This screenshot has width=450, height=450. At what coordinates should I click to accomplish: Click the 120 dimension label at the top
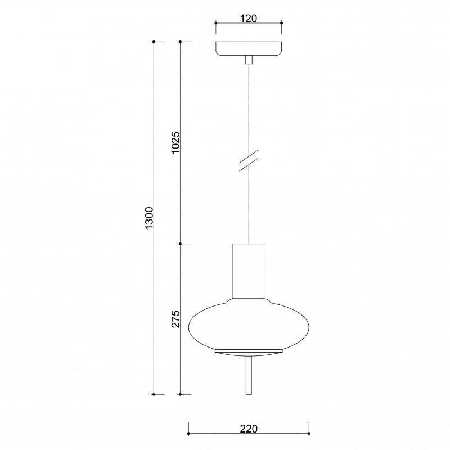pos(249,19)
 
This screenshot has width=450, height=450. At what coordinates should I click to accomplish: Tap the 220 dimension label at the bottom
pos(249,429)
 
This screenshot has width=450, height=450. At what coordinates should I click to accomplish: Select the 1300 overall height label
pos(150,218)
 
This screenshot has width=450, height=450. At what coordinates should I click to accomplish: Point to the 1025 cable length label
pos(175,143)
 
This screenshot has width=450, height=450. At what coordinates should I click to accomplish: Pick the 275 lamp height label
pos(175,319)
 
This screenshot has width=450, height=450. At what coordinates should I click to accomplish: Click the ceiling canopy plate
pos(249,49)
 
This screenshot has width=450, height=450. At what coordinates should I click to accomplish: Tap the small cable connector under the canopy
pos(249,60)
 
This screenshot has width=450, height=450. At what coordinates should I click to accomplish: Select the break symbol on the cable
pos(249,160)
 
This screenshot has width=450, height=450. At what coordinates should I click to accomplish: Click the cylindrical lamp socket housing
pos(249,271)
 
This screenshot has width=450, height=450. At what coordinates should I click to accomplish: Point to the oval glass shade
pos(249,325)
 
